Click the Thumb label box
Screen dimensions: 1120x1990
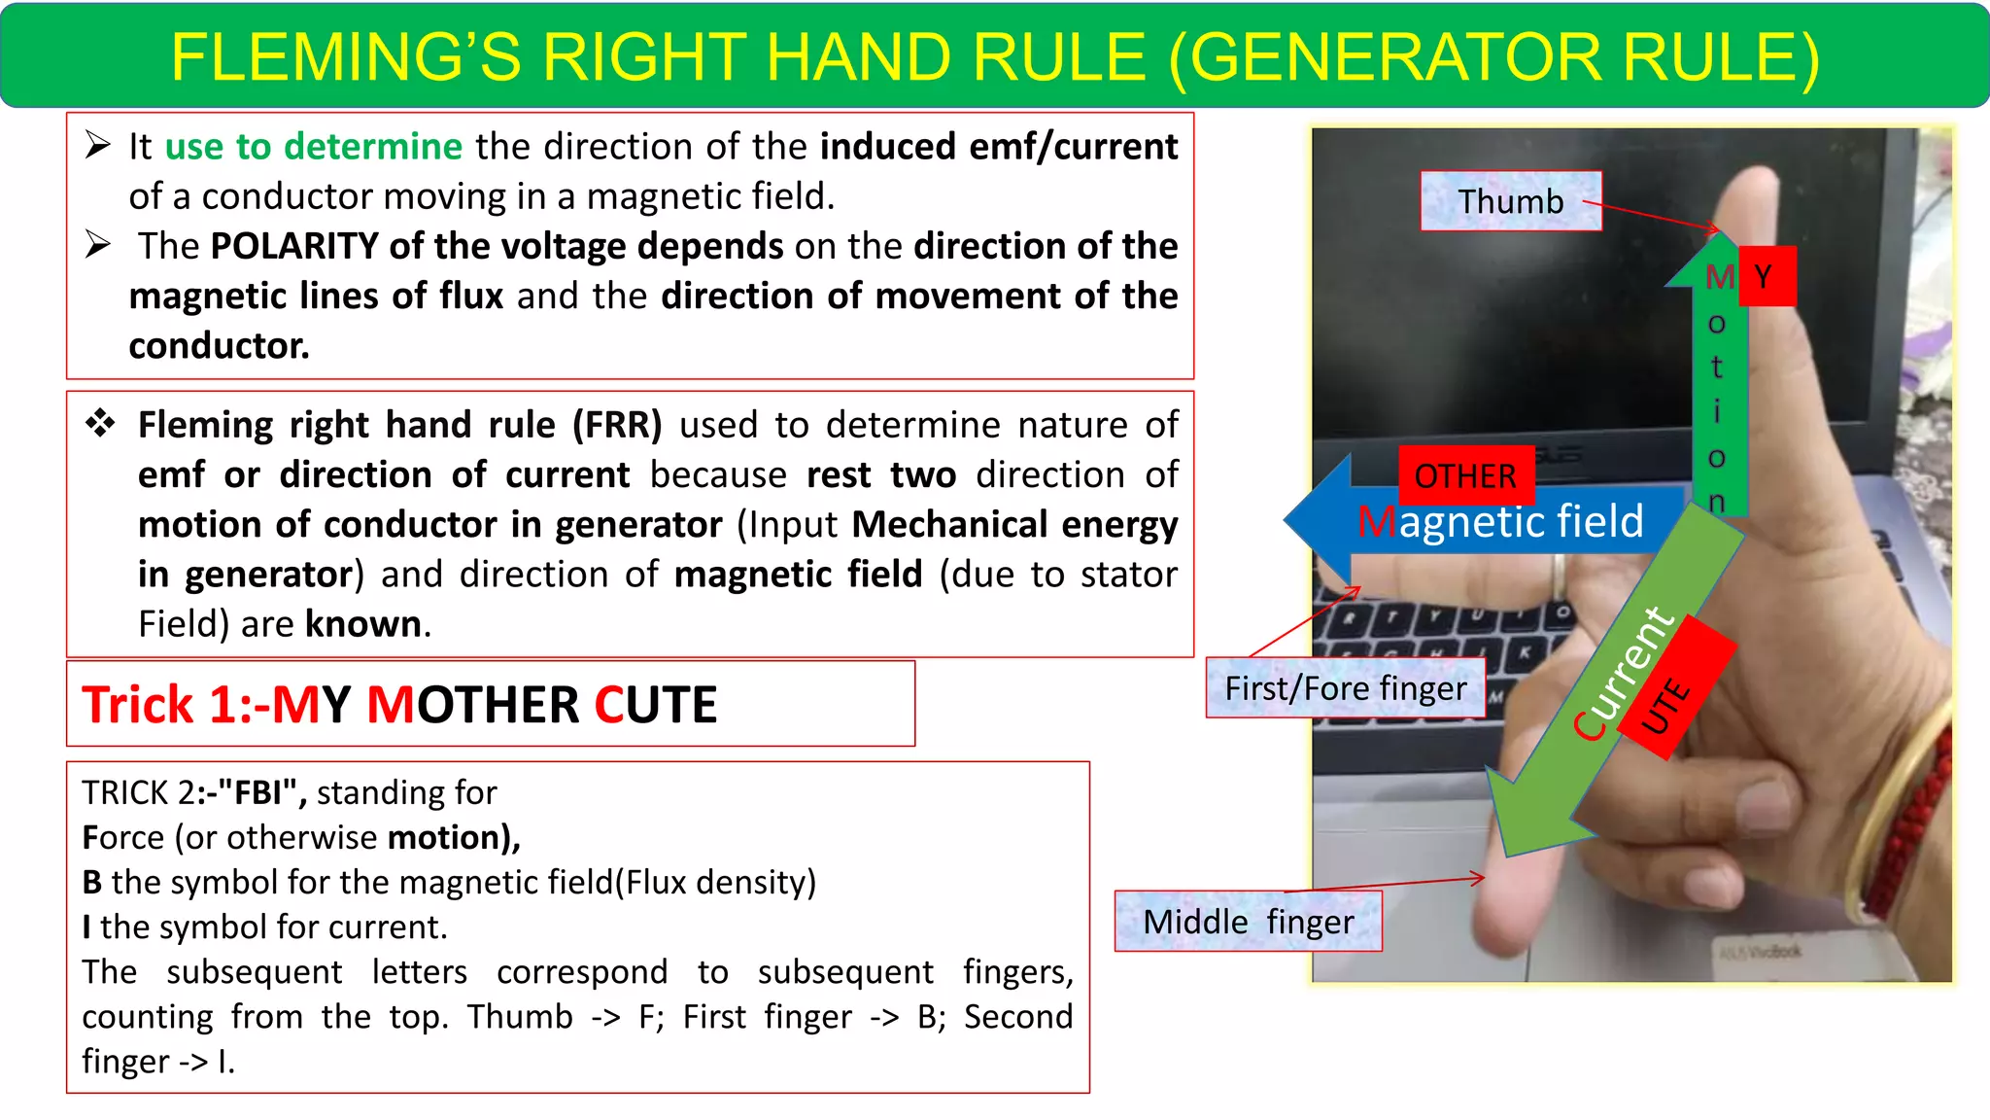tap(1510, 201)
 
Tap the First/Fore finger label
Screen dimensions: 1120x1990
tap(1345, 688)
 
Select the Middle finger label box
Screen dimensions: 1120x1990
tap(1248, 922)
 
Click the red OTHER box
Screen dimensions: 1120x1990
tap(1465, 475)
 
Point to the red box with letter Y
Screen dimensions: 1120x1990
tap(1766, 277)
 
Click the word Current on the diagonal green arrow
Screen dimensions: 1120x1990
tap(1623, 673)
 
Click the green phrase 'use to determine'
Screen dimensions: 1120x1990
tap(313, 147)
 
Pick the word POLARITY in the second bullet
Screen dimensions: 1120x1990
tap(293, 246)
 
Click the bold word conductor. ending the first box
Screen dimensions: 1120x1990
tap(219, 346)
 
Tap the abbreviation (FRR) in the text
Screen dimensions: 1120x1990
tap(617, 425)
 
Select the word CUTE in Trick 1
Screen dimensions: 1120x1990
tap(655, 705)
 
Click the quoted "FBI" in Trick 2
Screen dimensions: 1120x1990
tap(256, 792)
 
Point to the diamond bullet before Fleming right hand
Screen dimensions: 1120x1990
tap(100, 424)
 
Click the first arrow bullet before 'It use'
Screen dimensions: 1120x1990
tap(97, 145)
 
